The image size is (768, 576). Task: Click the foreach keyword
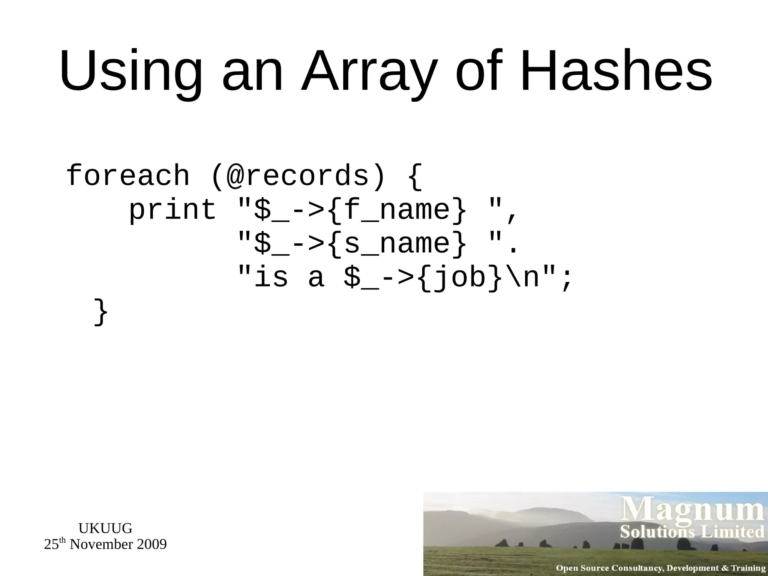pos(127,175)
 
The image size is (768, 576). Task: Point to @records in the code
pos(298,175)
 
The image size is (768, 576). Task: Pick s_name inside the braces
pos(397,243)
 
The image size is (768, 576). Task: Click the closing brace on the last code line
pos(100,311)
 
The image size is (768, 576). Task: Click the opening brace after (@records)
pos(414,175)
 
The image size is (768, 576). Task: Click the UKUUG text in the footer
pos(105,528)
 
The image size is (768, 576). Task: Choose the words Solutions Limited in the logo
pos(692,532)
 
